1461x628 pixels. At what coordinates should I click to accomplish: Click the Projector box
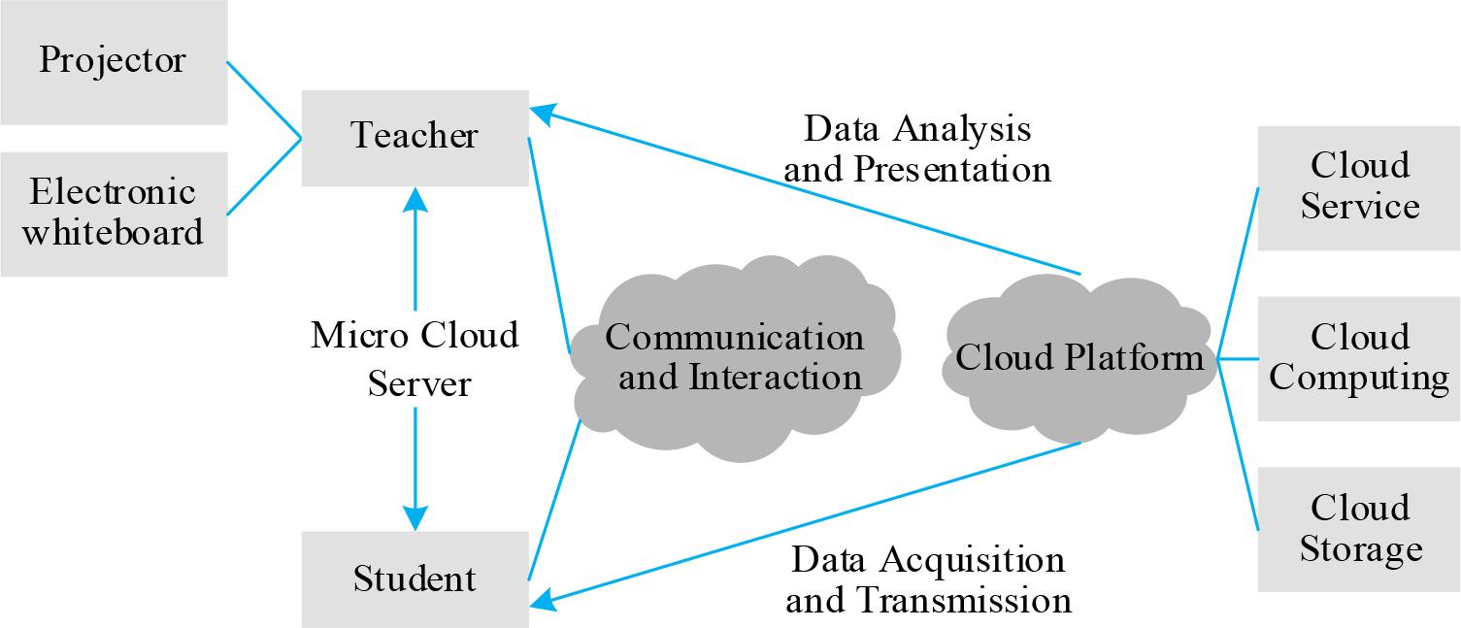(114, 62)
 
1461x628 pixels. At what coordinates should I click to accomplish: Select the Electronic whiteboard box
(114, 214)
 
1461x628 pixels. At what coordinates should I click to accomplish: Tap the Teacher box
(415, 137)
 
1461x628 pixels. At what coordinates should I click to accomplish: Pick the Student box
(415, 579)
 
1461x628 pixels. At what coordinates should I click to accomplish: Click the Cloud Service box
(1359, 187)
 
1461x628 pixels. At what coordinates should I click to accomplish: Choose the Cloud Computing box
(1359, 358)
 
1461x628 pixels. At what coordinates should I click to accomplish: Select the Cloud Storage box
(1359, 529)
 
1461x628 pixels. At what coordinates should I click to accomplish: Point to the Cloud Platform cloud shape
(1079, 358)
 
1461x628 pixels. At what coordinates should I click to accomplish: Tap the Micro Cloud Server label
(415, 359)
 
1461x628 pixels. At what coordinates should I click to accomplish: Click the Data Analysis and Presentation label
(917, 149)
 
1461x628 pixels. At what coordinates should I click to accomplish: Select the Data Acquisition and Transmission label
(928, 579)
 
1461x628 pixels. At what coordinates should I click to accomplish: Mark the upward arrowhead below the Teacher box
(415, 200)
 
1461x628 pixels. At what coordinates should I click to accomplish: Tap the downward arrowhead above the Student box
(415, 516)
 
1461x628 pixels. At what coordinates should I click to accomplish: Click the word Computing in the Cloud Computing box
(1359, 378)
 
